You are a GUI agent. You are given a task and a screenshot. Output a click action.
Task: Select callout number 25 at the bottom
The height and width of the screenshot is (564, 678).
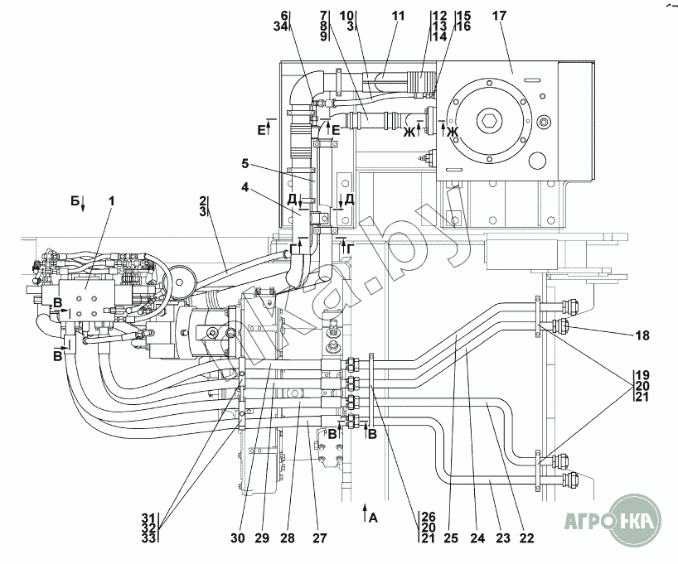tap(451, 538)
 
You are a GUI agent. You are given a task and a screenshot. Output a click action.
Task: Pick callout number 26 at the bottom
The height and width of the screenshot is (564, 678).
tap(429, 517)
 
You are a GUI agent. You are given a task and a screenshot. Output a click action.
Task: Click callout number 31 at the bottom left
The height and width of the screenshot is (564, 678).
tap(148, 517)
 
